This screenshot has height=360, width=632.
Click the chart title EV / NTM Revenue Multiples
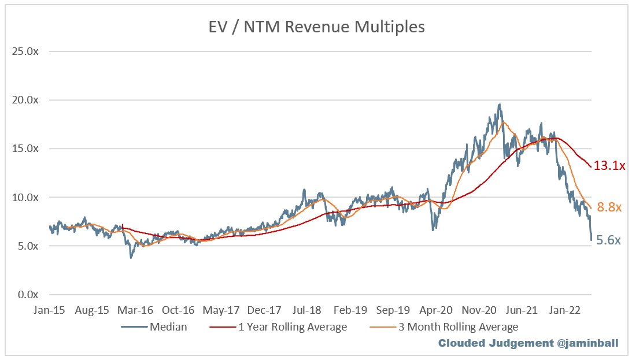click(316, 27)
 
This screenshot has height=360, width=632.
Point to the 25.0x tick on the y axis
click(25, 51)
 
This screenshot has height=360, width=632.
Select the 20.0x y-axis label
click(25, 100)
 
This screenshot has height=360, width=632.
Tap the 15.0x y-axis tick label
click(25, 149)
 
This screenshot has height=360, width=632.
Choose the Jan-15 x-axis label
click(49, 310)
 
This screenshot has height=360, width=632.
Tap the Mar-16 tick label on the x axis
click(135, 310)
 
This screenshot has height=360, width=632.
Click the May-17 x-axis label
click(221, 310)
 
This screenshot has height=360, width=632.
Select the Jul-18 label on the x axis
click(307, 310)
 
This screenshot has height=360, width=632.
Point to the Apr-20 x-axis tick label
click(436, 310)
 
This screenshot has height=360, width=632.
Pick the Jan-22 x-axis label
click(565, 310)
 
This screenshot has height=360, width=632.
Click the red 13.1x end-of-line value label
click(609, 165)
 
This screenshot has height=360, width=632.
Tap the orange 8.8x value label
click(609, 207)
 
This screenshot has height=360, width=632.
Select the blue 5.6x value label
click(609, 240)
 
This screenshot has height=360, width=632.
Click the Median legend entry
click(154, 327)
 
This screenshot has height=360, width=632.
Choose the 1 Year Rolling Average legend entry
click(278, 327)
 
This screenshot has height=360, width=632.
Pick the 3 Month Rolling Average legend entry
click(443, 327)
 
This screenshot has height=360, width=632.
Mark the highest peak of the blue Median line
click(500, 104)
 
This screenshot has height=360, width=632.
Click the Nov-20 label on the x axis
click(479, 310)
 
